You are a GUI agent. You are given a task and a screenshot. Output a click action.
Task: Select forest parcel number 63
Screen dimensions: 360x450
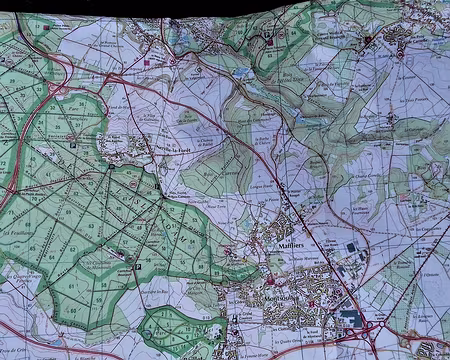tap(95, 226)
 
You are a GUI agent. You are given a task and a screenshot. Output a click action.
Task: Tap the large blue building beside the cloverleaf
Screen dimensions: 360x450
tap(350, 317)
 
